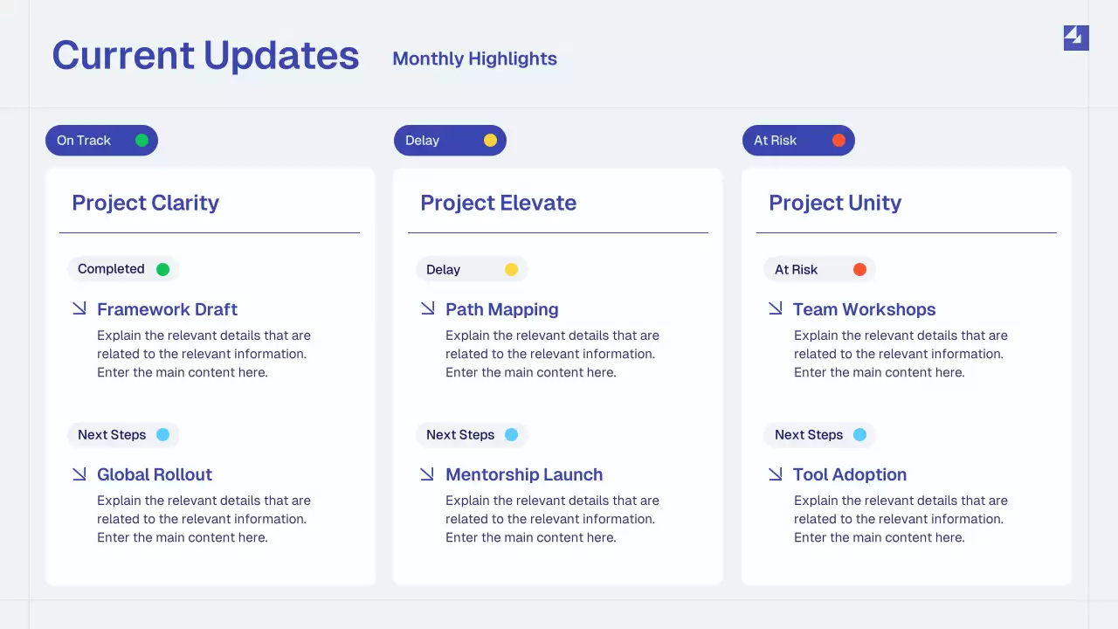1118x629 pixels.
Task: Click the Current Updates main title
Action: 205,56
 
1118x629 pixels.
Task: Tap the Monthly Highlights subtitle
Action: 474,59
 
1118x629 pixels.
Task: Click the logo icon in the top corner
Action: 1075,38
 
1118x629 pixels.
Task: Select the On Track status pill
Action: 101,141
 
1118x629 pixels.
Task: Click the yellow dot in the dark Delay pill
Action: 490,141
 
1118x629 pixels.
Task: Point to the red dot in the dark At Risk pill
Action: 838,141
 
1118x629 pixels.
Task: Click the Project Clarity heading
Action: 145,203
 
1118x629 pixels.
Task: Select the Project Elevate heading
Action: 498,203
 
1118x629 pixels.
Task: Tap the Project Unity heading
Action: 834,203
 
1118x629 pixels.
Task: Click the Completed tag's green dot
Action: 162,269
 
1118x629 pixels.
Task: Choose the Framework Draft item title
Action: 167,309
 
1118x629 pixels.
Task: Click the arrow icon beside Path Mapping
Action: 427,308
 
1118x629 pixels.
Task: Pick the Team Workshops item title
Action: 864,309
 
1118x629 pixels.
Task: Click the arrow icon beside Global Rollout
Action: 79,473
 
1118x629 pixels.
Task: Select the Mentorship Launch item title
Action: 524,474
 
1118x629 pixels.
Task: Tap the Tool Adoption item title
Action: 849,474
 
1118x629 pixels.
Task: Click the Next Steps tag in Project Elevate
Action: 472,435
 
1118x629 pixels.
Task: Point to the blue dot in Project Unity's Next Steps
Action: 859,435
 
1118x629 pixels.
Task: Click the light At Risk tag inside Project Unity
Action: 818,270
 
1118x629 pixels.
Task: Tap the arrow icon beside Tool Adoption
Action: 775,473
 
